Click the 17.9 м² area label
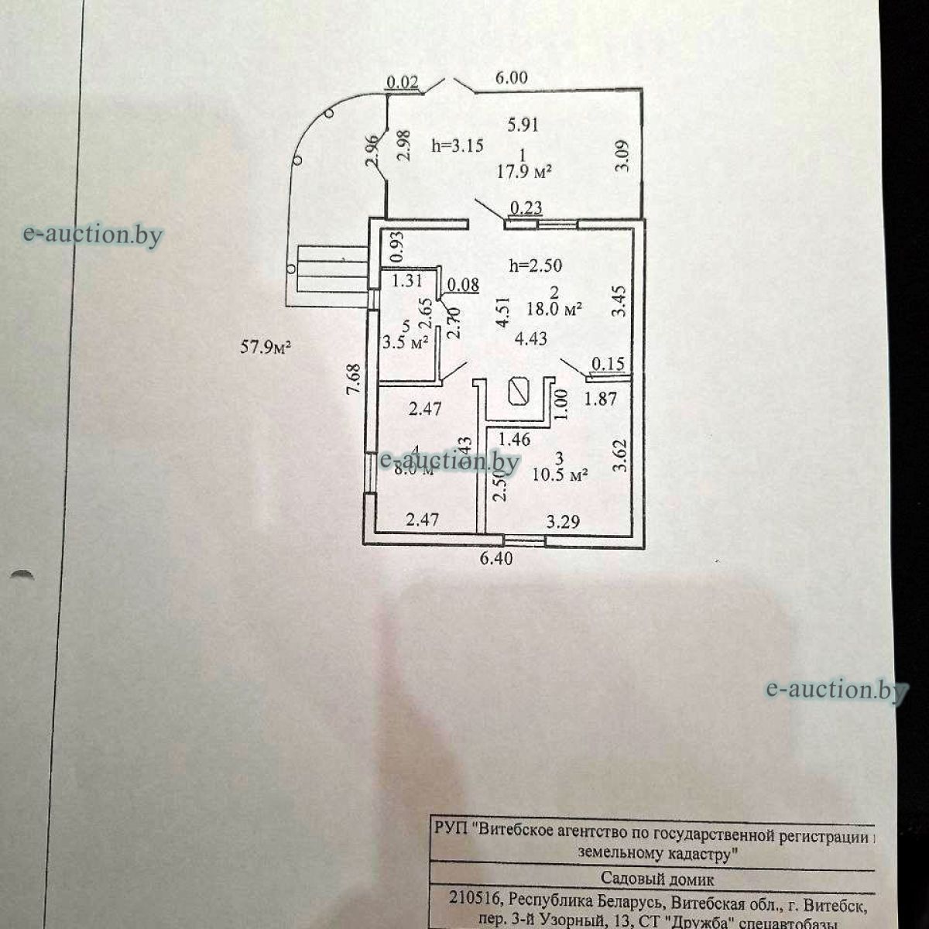click(x=524, y=172)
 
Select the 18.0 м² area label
click(x=554, y=309)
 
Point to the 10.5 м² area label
click(x=560, y=475)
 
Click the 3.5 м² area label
click(x=406, y=342)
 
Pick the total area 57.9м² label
click(x=265, y=348)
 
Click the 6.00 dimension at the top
click(x=512, y=77)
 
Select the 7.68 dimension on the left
click(x=353, y=381)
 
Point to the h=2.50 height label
click(x=536, y=266)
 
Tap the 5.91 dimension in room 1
click(x=523, y=124)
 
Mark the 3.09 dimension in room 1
click(x=622, y=156)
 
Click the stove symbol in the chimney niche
click(x=516, y=392)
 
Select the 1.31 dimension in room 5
click(x=406, y=281)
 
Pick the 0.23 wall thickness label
click(x=526, y=207)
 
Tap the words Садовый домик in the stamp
click(x=657, y=879)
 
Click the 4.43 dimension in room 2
click(x=531, y=338)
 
